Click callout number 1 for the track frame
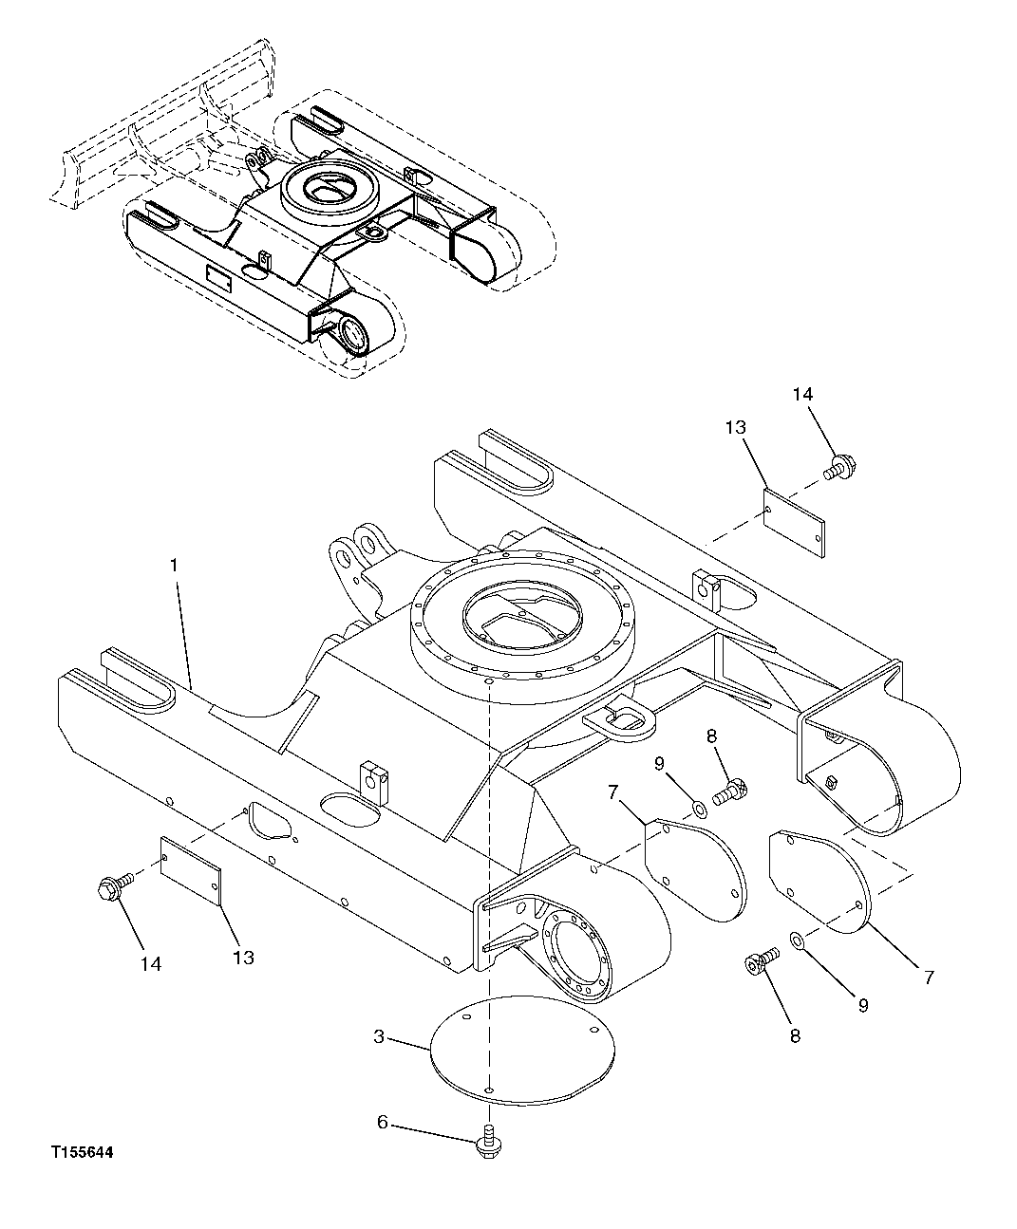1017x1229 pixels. click(174, 565)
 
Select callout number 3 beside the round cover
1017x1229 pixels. click(379, 1037)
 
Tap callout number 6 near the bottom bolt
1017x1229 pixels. click(383, 1123)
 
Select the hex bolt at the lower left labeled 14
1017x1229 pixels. click(110, 887)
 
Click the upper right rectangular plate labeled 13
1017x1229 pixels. click(796, 519)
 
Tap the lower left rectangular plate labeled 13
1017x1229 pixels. click(191, 868)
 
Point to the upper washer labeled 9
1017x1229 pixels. click(699, 809)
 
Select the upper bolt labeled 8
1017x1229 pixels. click(730, 788)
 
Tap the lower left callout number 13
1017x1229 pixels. click(243, 958)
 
